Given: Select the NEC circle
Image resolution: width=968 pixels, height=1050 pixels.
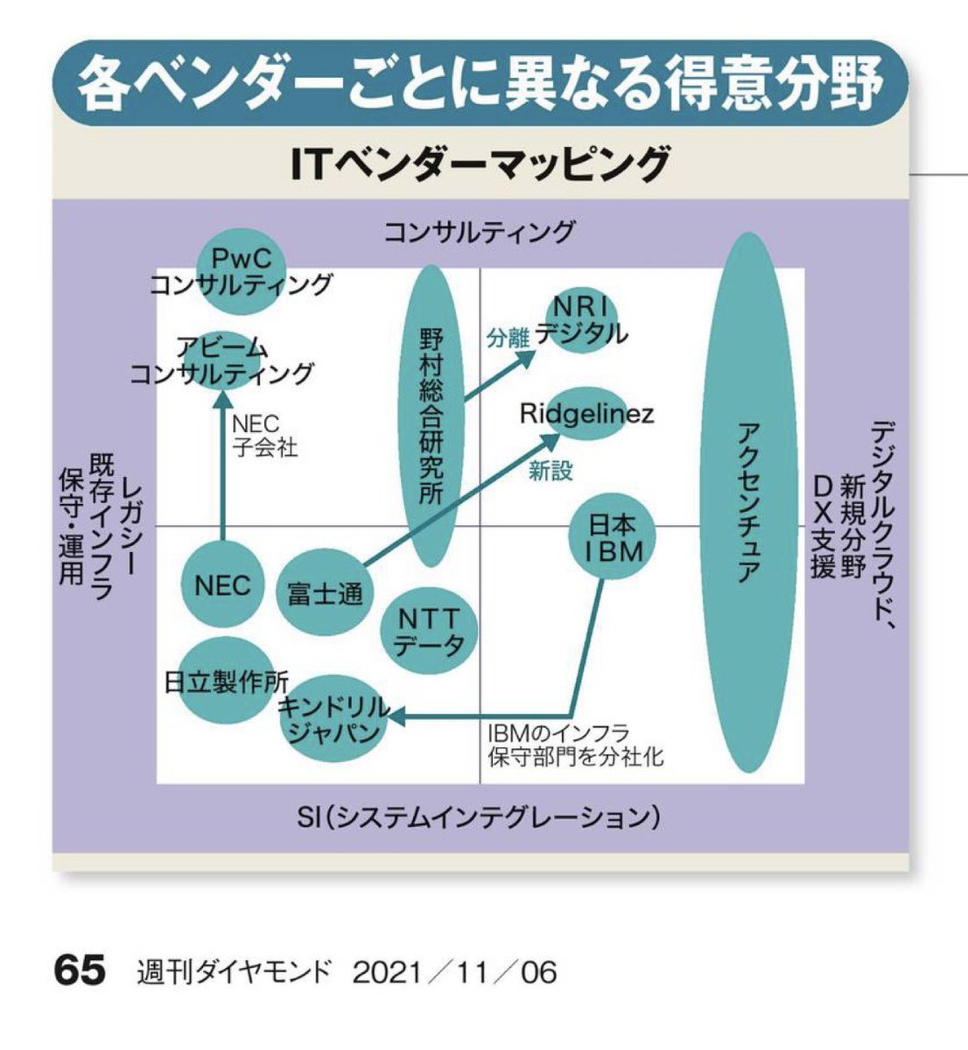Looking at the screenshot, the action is tap(222, 584).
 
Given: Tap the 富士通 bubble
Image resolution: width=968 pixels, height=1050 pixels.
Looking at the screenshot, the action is tap(325, 593).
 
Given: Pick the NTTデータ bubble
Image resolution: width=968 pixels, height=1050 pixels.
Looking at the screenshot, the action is tap(429, 633).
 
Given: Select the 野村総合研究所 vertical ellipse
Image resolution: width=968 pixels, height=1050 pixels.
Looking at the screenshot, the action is tap(430, 416).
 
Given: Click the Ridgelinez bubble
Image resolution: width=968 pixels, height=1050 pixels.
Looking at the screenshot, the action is tap(585, 414).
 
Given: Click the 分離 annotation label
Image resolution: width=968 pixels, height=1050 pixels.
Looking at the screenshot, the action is tap(509, 338).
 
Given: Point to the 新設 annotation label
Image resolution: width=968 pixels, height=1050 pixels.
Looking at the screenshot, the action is tap(551, 471).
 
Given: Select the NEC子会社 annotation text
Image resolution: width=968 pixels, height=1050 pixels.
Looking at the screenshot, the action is tap(265, 436).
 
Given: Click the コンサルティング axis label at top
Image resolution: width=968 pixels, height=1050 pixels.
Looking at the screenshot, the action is tap(479, 232).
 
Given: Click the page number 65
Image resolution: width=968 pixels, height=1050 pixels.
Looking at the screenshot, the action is tap(80, 971).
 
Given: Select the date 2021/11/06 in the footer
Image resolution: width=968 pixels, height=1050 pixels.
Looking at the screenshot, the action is tap(454, 972).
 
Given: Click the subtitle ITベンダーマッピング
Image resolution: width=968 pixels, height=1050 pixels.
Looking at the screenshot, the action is tap(481, 164).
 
